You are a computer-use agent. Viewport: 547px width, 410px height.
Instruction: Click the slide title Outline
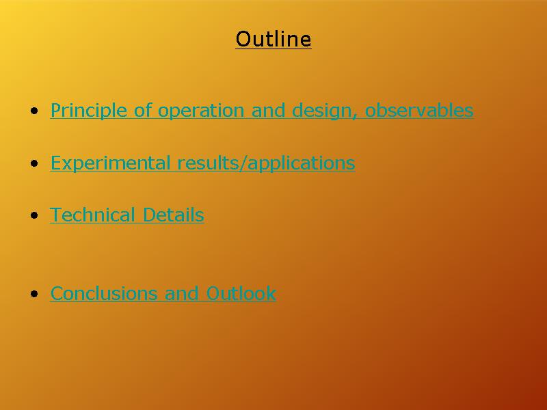coord(273,39)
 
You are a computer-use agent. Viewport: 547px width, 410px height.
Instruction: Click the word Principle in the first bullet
coord(89,111)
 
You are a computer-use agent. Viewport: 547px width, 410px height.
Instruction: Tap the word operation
coord(201,111)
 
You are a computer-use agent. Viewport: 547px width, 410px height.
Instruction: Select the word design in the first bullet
coord(322,111)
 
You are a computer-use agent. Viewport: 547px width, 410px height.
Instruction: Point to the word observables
coord(419,110)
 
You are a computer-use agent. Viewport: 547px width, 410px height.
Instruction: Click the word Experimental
coord(111,163)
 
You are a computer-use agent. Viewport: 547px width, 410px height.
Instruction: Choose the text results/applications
coord(266,163)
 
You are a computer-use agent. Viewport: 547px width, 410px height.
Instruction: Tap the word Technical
coord(92,215)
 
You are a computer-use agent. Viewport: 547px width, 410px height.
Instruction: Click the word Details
coord(174,215)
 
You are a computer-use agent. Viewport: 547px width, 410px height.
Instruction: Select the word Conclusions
coord(104,293)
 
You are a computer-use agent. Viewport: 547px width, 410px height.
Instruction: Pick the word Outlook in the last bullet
coord(241,293)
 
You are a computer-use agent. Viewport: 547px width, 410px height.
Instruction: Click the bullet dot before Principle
coord(34,111)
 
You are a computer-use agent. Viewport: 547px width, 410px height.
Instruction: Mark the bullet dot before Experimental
coord(34,163)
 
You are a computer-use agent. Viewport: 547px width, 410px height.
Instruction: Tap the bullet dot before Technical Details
coord(34,215)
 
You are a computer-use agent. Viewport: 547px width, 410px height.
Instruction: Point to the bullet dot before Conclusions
coord(34,294)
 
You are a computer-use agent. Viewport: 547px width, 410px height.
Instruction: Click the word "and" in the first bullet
coord(268,110)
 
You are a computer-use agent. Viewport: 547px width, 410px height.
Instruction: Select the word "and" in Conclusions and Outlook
coord(182,293)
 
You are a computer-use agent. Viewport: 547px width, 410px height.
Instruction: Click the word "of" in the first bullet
coord(143,110)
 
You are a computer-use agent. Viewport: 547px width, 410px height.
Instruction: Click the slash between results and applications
coord(243,163)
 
